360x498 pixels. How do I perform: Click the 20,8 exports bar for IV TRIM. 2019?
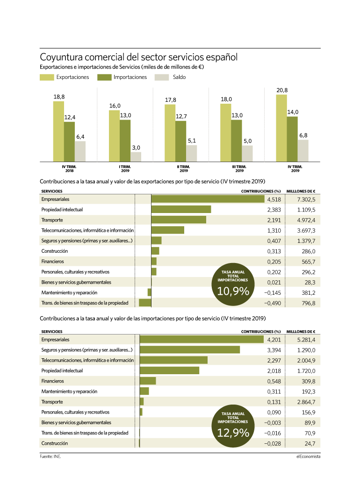point(281,128)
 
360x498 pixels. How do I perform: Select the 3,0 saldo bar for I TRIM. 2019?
point(136,157)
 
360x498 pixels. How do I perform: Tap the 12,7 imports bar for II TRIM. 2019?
point(181,142)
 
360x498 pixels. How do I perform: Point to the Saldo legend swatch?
point(162,77)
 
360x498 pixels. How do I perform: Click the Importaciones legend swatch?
point(104,77)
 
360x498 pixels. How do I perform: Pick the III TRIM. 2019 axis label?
point(239,169)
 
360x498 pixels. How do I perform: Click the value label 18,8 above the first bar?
point(59,97)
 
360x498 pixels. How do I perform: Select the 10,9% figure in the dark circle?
point(233,291)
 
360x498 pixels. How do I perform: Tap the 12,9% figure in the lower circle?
point(233,433)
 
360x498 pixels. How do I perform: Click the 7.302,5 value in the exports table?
point(306,199)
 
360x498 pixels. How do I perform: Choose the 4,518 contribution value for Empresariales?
point(274,199)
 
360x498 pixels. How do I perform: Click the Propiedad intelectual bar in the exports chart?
point(181,209)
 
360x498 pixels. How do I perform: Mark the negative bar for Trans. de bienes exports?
point(145,303)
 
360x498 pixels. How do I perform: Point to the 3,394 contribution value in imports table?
point(274,350)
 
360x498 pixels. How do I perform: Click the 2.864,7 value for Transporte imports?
point(306,402)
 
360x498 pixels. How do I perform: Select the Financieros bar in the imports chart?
point(148,381)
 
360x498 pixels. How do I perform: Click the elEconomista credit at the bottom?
point(308,456)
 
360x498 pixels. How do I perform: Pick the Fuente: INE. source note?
point(50,456)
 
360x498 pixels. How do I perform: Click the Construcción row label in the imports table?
point(55,443)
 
